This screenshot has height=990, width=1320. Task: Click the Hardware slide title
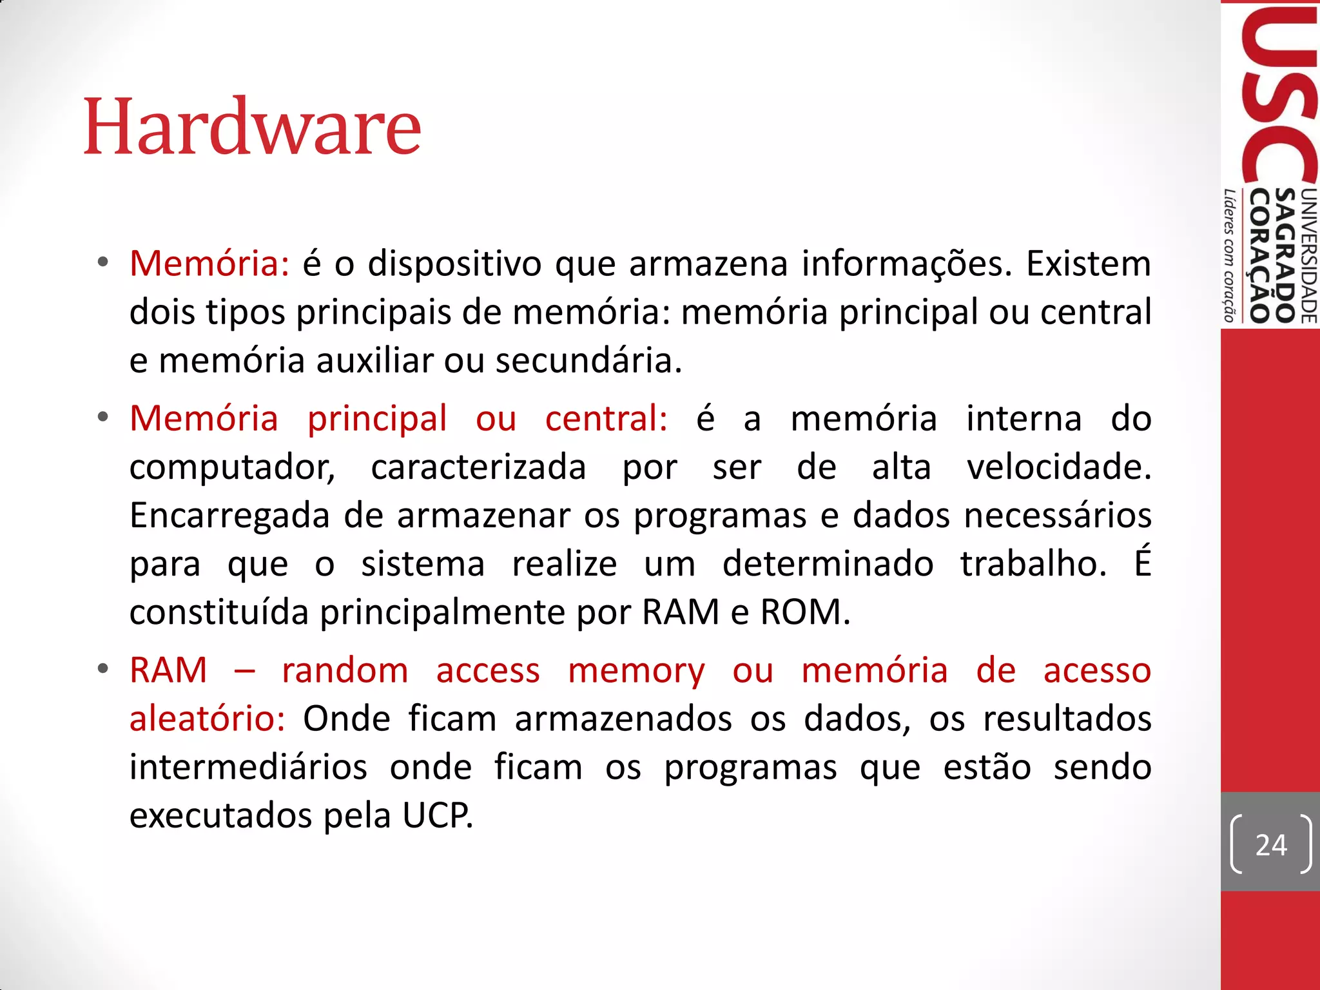[252, 127]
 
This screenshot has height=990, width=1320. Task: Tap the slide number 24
[1271, 845]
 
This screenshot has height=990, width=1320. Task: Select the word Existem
[1088, 264]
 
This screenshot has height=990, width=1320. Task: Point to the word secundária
[588, 360]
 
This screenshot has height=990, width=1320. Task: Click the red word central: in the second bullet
[606, 418]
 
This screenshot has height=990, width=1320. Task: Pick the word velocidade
[1058, 467]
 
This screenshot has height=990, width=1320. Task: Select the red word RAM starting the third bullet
[168, 670]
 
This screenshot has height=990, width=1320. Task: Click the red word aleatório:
[207, 719]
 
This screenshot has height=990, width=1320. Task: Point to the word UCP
[438, 815]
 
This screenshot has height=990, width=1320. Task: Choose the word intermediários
[248, 767]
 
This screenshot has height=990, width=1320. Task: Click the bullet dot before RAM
[103, 669]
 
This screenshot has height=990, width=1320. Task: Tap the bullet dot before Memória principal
[103, 418]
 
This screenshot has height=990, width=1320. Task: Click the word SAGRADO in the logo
[1286, 255]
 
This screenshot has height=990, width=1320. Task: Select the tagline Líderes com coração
[1230, 255]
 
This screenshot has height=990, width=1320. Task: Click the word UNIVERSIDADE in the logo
[1309, 255]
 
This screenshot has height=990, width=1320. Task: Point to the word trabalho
[1033, 564]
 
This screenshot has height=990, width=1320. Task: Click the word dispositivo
[454, 264]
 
